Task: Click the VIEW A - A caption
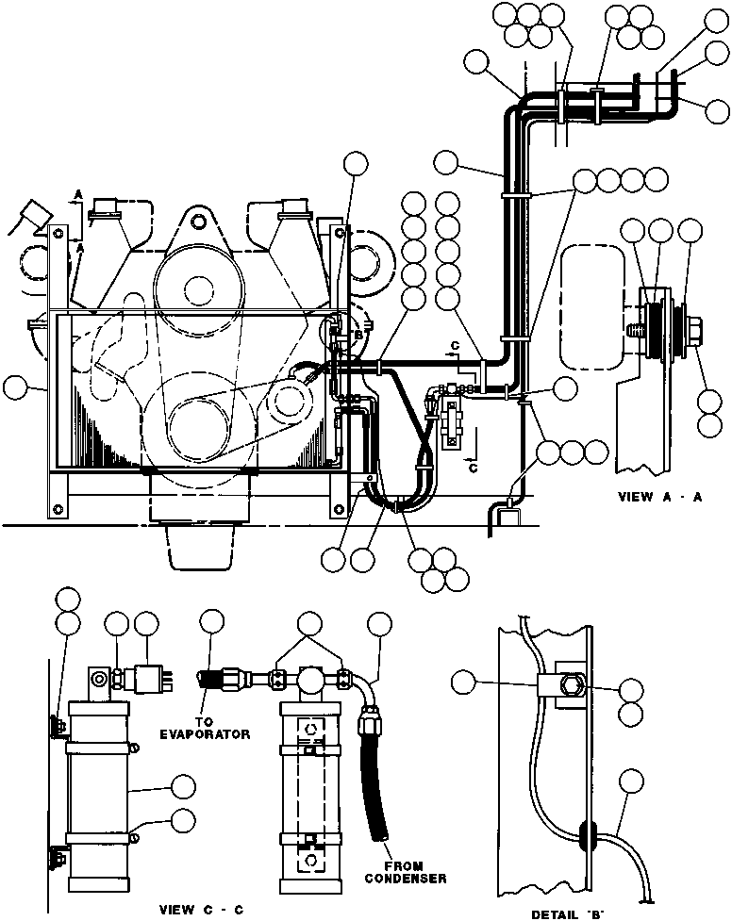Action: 659,498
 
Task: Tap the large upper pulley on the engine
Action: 196,285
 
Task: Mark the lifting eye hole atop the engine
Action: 196,222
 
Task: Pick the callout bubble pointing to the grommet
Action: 633,781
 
